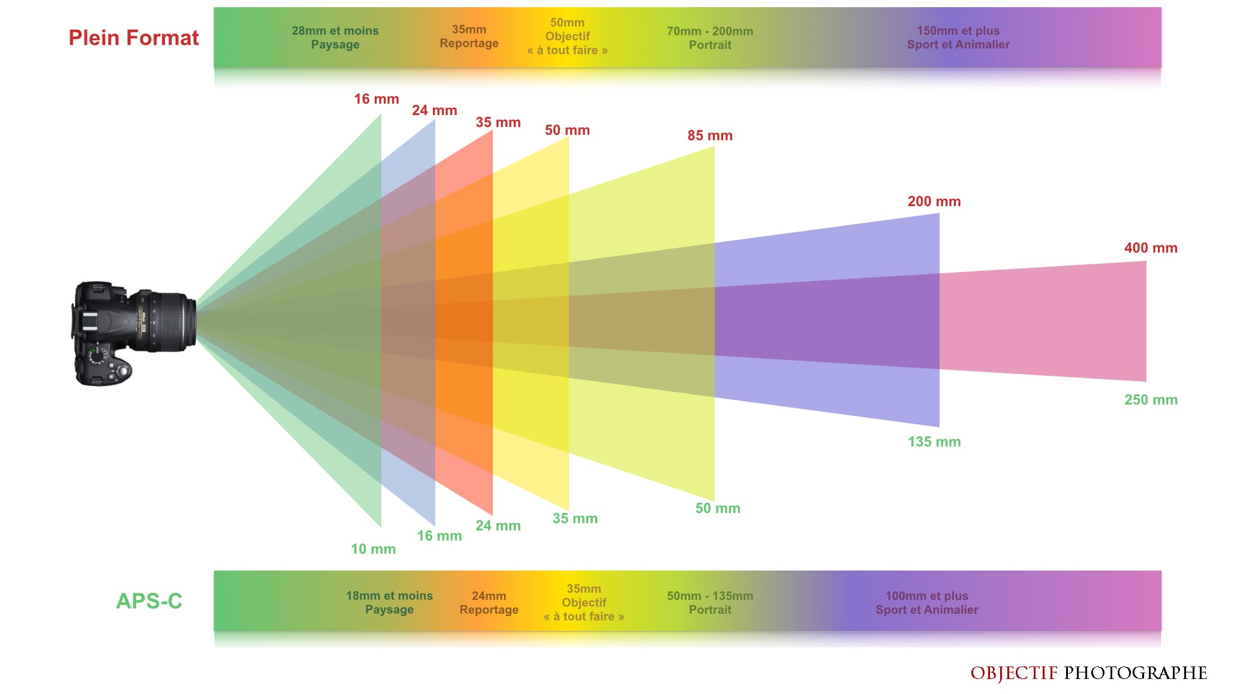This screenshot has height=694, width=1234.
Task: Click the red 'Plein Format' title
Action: tap(133, 38)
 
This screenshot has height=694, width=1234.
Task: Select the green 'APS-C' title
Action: tap(149, 601)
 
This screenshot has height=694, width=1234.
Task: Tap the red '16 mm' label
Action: tap(376, 99)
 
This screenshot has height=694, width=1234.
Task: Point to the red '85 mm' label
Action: tap(709, 135)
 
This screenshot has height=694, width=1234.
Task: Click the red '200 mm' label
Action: tap(934, 201)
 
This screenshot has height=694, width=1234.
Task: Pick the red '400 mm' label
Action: tap(1150, 248)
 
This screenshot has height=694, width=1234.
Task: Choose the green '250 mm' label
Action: tap(1150, 400)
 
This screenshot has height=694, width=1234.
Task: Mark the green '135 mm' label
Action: tap(934, 442)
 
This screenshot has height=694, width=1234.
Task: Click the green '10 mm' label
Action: tap(373, 549)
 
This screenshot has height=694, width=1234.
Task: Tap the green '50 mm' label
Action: tap(717, 508)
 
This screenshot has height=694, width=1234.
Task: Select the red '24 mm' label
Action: tap(434, 110)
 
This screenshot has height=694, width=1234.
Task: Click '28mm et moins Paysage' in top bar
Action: tap(335, 37)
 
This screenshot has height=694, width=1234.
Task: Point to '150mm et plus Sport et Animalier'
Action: tap(958, 37)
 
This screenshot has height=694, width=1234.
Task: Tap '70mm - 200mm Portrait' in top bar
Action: tap(710, 38)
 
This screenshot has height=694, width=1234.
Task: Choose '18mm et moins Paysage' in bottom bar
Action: tap(389, 602)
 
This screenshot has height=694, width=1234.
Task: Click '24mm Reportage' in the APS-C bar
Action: tap(489, 602)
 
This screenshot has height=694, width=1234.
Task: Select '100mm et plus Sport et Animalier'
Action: tap(926, 602)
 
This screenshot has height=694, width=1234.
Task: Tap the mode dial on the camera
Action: tap(96, 355)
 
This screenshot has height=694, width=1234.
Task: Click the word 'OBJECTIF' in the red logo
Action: tap(1013, 673)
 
